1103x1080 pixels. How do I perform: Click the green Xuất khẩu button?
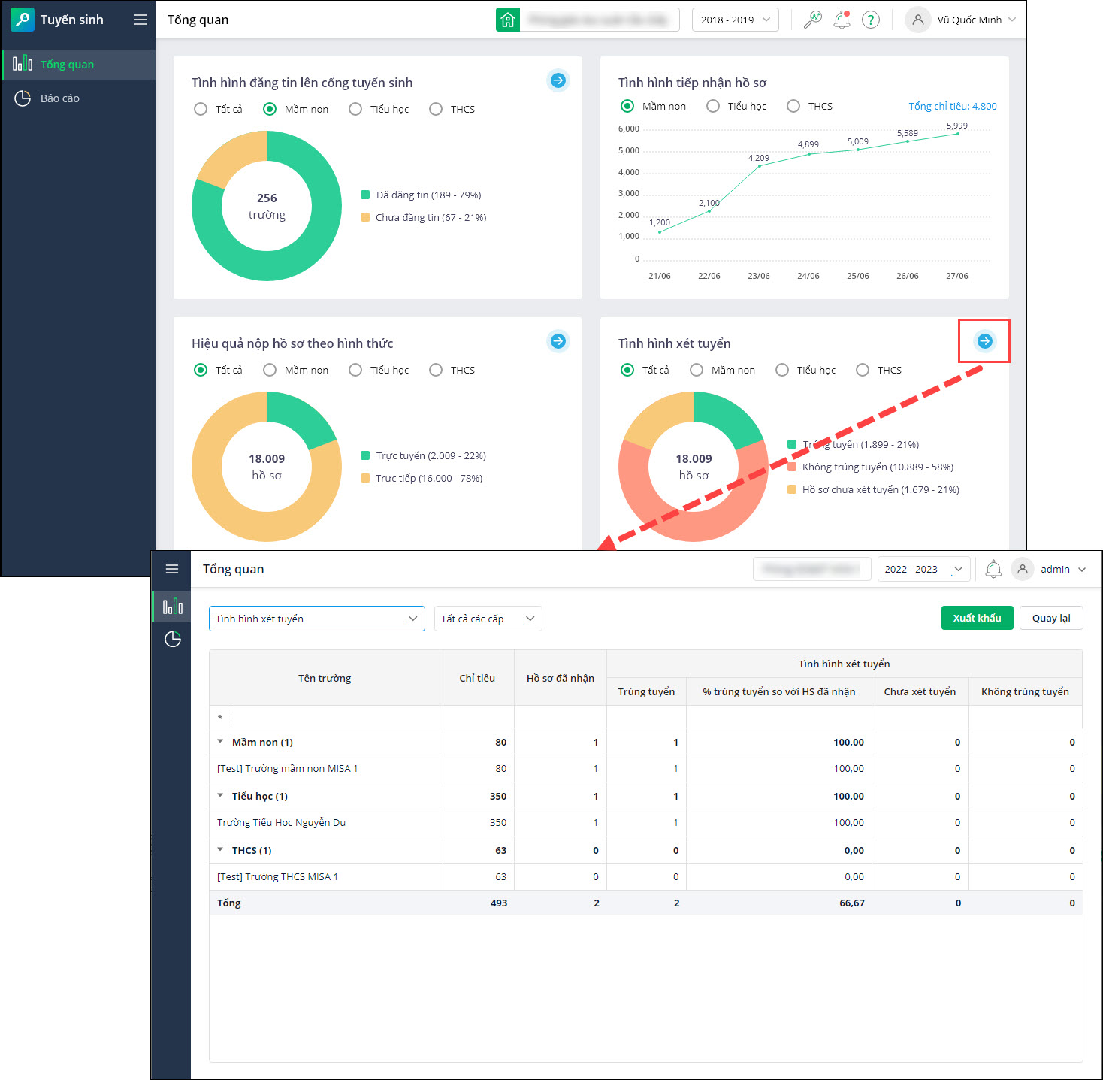point(977,618)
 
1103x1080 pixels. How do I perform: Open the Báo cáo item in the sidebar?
point(59,98)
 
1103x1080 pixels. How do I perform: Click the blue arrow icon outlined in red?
point(984,341)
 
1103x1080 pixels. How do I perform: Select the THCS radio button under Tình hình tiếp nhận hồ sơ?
point(793,106)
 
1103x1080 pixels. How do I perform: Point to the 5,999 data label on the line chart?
point(956,126)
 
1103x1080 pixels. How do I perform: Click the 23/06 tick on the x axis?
point(758,276)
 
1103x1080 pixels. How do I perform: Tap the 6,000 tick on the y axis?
point(628,129)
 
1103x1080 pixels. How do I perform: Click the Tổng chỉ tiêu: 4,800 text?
point(952,106)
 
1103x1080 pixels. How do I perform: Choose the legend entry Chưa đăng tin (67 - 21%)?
point(430,217)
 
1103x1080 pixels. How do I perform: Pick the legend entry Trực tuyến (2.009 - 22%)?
point(430,455)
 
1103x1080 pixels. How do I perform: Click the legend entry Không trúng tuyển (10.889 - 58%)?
point(877,467)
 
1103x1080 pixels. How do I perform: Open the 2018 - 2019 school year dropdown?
point(735,20)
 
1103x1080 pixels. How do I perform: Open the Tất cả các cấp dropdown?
point(488,619)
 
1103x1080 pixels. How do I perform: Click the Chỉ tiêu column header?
point(477,678)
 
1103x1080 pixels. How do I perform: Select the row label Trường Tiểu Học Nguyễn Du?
point(281,822)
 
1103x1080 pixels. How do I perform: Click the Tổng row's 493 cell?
point(498,903)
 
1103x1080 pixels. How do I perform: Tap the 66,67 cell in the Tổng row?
point(851,903)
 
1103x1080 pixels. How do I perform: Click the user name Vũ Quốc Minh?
point(969,20)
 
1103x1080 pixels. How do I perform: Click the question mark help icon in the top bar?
point(870,20)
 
